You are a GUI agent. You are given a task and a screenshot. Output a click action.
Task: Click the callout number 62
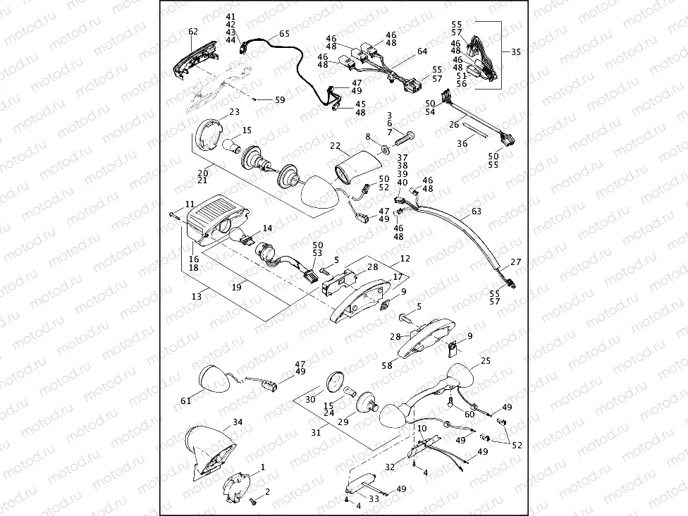(193, 32)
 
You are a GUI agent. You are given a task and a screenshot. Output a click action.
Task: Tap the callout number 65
(283, 33)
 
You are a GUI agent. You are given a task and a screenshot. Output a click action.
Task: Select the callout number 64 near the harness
(422, 51)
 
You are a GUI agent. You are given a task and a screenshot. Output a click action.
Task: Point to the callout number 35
(516, 52)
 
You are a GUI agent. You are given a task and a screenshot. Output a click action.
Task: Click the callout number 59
(280, 100)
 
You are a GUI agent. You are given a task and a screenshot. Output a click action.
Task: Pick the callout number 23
(234, 111)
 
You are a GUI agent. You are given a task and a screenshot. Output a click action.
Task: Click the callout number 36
(462, 143)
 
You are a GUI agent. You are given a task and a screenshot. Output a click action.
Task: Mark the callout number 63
(477, 210)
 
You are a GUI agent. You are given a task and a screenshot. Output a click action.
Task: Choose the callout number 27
(517, 262)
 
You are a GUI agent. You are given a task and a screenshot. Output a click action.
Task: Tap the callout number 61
(186, 400)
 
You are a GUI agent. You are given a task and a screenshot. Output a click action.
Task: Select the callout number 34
(238, 422)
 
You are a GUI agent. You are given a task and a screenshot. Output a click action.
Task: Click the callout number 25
(485, 361)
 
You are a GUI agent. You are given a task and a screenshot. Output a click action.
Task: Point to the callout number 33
(374, 498)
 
